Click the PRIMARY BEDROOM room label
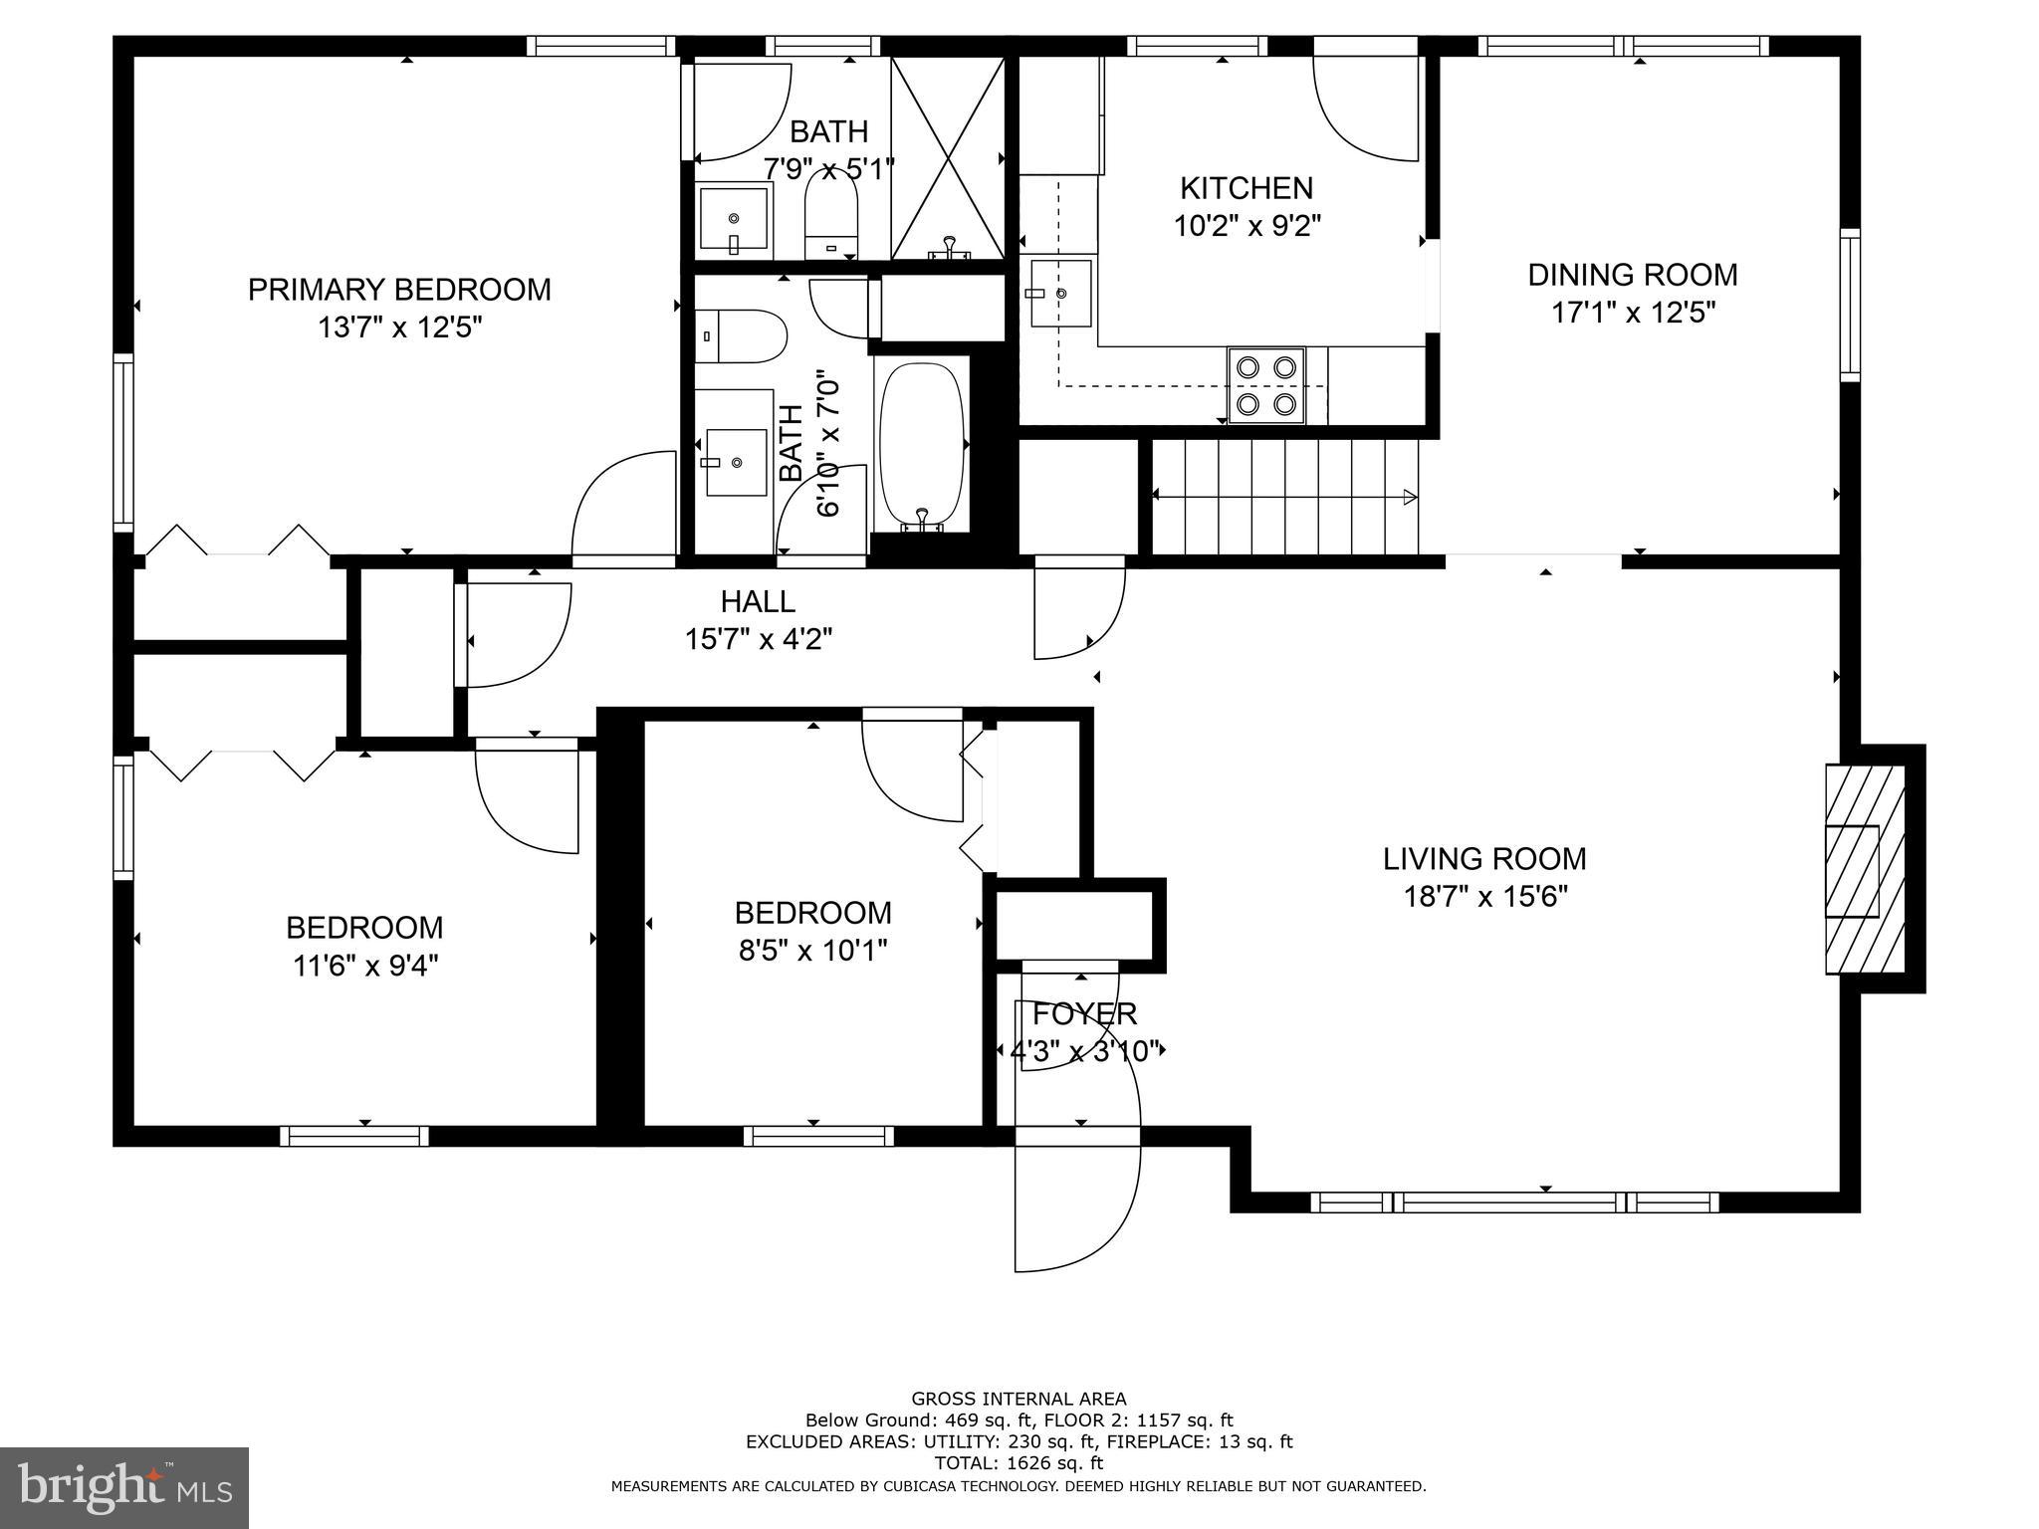(x=398, y=290)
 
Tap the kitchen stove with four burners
(x=1265, y=385)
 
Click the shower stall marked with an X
(x=948, y=157)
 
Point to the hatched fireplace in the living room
(x=1863, y=869)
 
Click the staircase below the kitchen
(x=1284, y=497)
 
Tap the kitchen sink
(x=1059, y=294)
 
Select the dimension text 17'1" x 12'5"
(x=1633, y=313)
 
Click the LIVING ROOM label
(x=1484, y=858)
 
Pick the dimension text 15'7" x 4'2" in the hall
(x=758, y=639)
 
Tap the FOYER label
(x=1084, y=1014)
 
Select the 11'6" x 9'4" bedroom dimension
(x=364, y=966)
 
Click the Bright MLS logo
(x=124, y=1487)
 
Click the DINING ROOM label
(x=1633, y=274)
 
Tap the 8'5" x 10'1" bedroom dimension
(x=812, y=951)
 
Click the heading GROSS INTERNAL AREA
(x=1019, y=1399)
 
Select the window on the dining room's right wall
(x=1850, y=304)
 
